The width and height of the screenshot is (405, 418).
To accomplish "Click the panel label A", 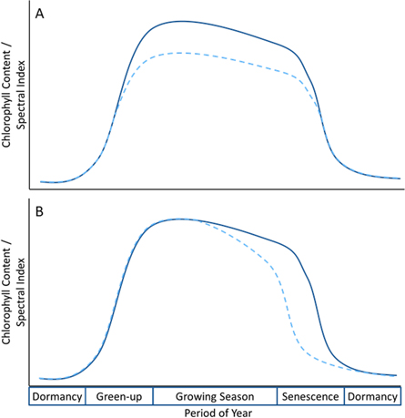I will (x=40, y=14).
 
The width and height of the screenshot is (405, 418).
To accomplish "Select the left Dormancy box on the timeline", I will (x=57, y=397).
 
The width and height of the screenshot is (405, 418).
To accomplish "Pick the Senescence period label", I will (x=310, y=397).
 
